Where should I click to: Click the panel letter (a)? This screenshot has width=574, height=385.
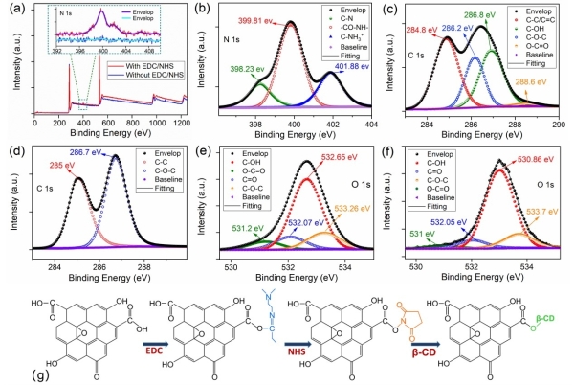(11, 9)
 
